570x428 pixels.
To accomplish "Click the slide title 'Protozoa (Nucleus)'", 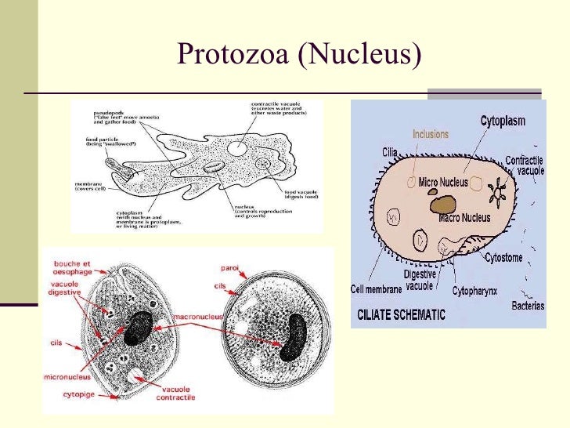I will (299, 54).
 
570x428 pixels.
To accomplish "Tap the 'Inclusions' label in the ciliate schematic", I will (430, 134).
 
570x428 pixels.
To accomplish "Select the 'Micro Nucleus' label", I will (443, 183).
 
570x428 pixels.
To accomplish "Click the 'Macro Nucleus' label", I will (465, 216).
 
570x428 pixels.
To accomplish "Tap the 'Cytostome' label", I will (503, 257).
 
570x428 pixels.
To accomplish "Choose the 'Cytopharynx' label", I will (474, 291).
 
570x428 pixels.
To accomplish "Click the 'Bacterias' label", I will (529, 305).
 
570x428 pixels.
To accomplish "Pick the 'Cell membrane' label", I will (377, 289).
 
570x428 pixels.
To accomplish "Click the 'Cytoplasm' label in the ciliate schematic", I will (502, 122).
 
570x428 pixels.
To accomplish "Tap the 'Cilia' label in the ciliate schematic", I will (390, 152).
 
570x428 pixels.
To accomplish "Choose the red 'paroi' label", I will (229, 267).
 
